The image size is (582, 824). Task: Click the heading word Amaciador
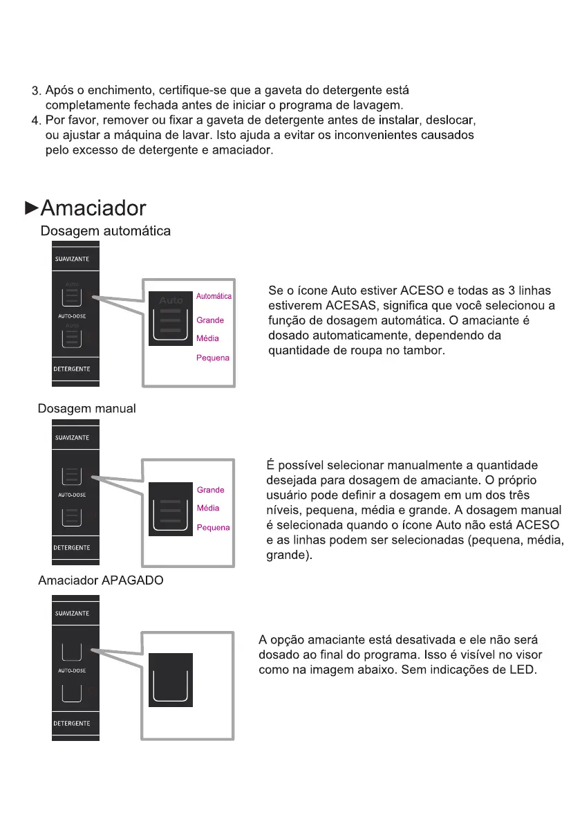[93, 208]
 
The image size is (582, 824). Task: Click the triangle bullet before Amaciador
[31, 207]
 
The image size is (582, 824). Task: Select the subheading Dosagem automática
[106, 232]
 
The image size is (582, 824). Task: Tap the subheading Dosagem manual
[86, 408]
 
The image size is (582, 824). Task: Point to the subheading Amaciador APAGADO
[101, 580]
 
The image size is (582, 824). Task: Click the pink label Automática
[214, 296]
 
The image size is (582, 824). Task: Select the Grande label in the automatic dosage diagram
[210, 320]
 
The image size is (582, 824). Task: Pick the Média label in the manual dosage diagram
[208, 508]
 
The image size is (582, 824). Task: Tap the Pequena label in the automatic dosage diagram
[213, 358]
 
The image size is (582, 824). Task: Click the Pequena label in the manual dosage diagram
[213, 527]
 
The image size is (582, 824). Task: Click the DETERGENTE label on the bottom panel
[73, 723]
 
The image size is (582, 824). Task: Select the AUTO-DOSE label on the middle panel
[72, 495]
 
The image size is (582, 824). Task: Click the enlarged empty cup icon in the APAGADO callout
[170, 681]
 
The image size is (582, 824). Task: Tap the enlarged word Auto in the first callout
[171, 300]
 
